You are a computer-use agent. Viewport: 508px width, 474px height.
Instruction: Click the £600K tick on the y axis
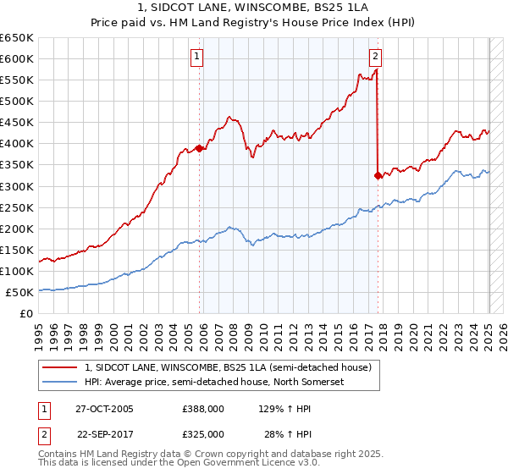pos(17,58)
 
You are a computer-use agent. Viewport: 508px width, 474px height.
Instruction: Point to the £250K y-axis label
pos(17,207)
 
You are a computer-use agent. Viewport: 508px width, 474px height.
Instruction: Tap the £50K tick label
pos(20,292)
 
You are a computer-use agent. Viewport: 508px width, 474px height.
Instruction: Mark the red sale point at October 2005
pos(200,148)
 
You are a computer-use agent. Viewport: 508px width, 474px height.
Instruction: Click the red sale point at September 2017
pos(378,175)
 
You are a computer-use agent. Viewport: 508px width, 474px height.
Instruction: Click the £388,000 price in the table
pos(203,409)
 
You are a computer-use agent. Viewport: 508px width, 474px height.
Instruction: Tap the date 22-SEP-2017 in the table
pos(105,433)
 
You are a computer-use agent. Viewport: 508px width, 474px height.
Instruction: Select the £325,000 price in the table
pos(203,433)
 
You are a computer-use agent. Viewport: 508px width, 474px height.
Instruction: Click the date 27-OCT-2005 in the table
pos(105,409)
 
